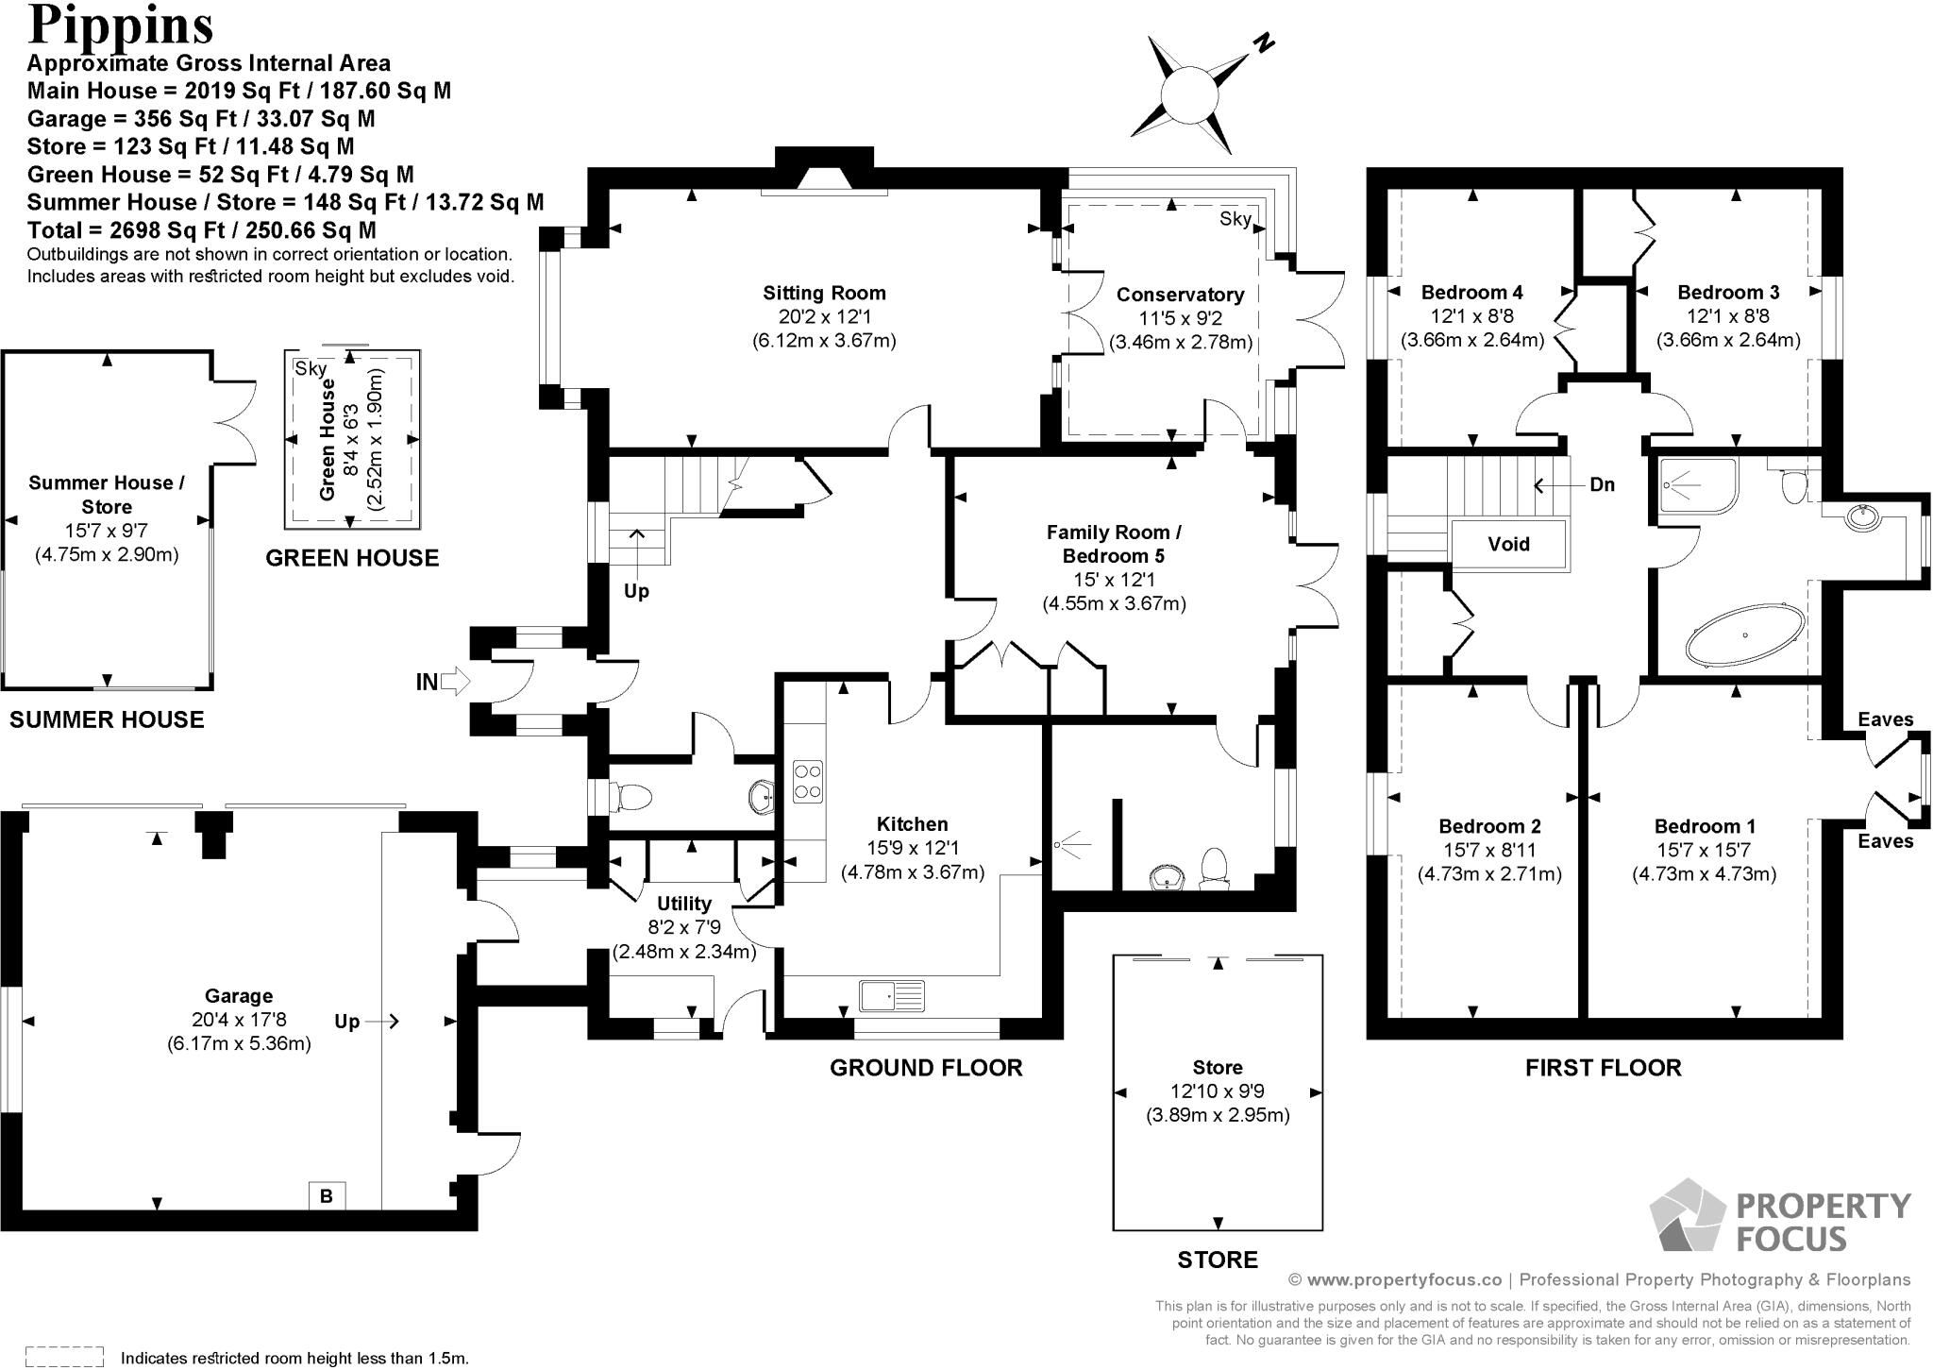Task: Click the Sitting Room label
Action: [824, 293]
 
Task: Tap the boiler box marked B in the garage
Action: [327, 1195]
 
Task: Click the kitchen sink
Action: [891, 995]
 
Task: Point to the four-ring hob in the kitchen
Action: [807, 781]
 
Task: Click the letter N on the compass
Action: [1264, 42]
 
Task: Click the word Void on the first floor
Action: [1508, 544]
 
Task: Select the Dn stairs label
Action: [1602, 484]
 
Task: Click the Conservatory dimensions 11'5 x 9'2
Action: [1180, 319]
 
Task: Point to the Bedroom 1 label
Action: [1704, 826]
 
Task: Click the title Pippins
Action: [121, 25]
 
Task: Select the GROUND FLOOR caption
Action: [926, 1068]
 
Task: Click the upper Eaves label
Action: [1885, 719]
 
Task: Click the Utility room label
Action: [683, 904]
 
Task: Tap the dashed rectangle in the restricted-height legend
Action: [64, 1356]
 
